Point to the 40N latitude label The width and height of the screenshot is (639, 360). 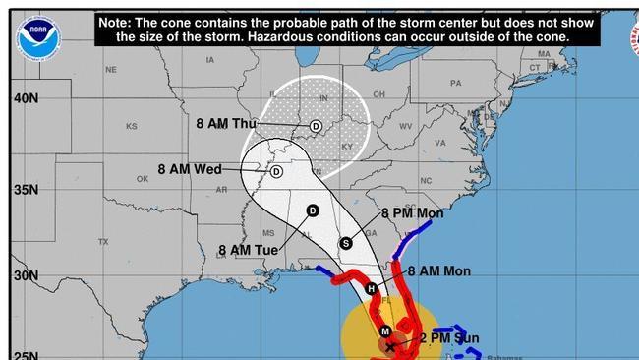coord(26,98)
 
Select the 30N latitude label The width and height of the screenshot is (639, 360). coord(26,275)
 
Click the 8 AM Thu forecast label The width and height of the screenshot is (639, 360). coord(225,124)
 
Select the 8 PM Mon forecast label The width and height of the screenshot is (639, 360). coord(412,213)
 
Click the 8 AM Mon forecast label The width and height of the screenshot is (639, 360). coord(438,271)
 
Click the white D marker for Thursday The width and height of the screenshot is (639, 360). coord(316,126)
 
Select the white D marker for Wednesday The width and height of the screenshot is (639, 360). coord(276,171)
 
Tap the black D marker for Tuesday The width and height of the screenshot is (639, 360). coord(313,210)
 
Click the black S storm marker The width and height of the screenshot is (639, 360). coord(345,243)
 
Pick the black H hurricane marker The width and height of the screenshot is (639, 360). coord(372,289)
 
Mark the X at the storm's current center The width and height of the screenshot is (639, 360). coord(390,346)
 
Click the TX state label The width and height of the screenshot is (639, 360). coord(102,242)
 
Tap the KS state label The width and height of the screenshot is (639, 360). coord(132,127)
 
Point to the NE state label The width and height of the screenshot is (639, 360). coord(111,70)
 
